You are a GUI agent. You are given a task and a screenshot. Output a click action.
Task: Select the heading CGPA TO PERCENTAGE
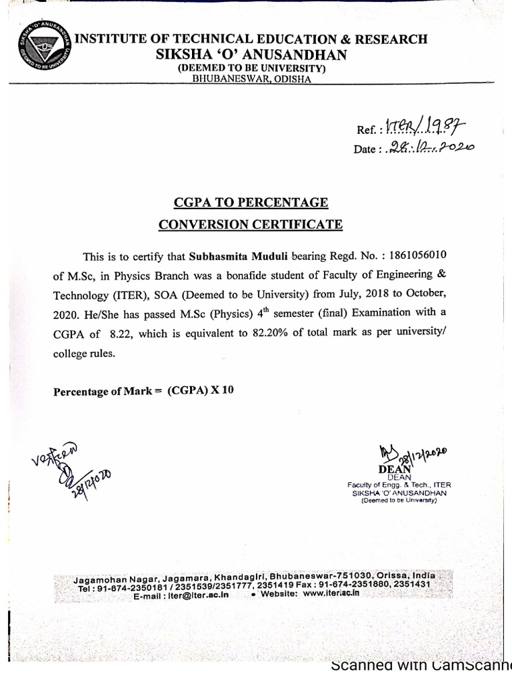point(251,202)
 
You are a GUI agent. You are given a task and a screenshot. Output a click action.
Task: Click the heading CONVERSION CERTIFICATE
point(251,224)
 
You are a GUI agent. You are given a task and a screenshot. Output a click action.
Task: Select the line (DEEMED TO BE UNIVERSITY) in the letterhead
point(250,69)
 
